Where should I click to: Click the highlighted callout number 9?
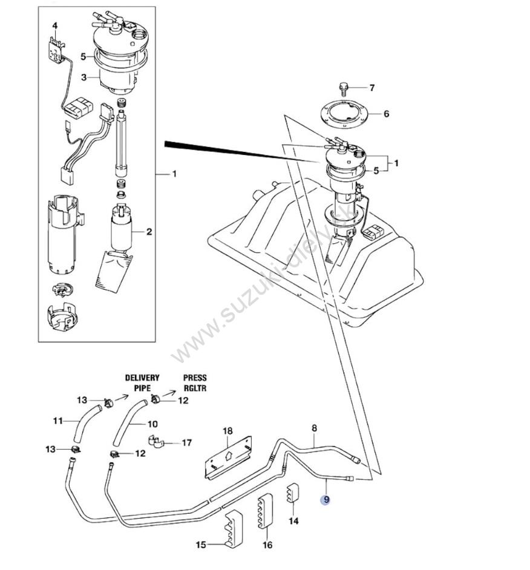tap(326, 500)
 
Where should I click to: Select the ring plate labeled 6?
tap(344, 113)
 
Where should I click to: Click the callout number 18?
tap(227, 431)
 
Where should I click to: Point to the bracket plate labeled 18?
tap(227, 457)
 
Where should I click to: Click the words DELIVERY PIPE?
tap(142, 383)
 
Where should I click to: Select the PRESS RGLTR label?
tap(195, 383)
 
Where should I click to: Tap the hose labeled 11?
tap(87, 423)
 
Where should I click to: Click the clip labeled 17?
tap(156, 441)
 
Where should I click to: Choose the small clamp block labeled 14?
tap(292, 493)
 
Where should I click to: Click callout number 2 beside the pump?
tap(149, 232)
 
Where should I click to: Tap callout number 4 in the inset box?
tap(55, 26)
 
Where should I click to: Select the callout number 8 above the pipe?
tap(314, 428)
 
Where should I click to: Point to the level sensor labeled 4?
tap(56, 48)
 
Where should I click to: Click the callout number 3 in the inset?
tap(84, 77)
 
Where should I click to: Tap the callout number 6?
tap(387, 114)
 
